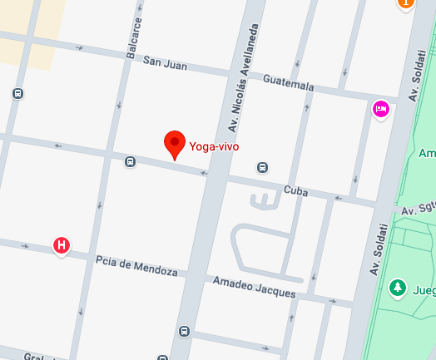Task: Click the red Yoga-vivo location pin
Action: (x=175, y=144)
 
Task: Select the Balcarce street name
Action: (x=135, y=39)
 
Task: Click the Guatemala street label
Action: (x=288, y=85)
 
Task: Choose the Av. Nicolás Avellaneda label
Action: (x=245, y=78)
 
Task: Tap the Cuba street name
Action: (x=295, y=191)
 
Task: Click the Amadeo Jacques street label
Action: (x=253, y=287)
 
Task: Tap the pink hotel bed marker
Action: (x=381, y=108)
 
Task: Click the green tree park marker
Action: (x=399, y=288)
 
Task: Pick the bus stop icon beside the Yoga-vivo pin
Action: (x=130, y=161)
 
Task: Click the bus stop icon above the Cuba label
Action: (x=262, y=167)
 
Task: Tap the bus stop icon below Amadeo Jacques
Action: (x=184, y=332)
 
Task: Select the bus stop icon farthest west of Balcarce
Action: (x=17, y=94)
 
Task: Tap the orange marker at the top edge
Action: (x=406, y=3)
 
